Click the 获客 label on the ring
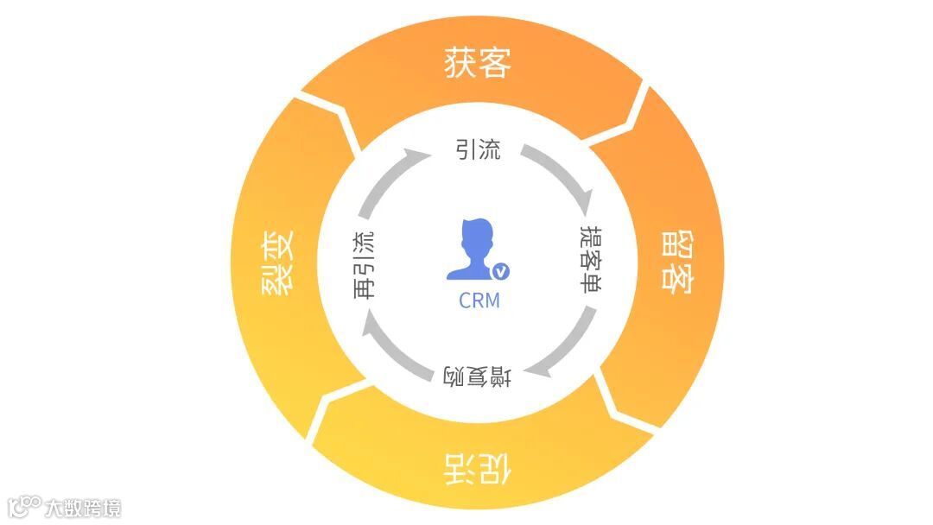[x=478, y=63]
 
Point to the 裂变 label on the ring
[x=279, y=262]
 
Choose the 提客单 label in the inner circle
[x=589, y=262]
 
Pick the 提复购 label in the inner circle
[x=478, y=376]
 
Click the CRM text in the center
[x=479, y=300]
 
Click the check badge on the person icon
[x=501, y=272]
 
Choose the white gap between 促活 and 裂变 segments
[x=333, y=406]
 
